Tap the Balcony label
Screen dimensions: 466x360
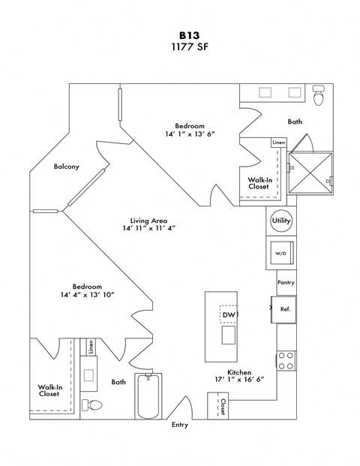tap(67, 167)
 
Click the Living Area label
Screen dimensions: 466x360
tap(148, 221)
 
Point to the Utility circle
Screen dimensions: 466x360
tap(281, 221)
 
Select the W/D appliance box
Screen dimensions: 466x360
tap(281, 254)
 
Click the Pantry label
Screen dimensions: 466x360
tap(286, 283)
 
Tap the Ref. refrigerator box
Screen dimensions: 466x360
tap(285, 308)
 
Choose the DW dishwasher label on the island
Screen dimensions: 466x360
tap(228, 315)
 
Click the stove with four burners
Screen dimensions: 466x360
tap(286, 361)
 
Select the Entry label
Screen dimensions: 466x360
tap(180, 425)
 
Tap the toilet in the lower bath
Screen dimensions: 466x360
tap(93, 406)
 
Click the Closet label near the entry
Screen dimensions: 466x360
tap(223, 406)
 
